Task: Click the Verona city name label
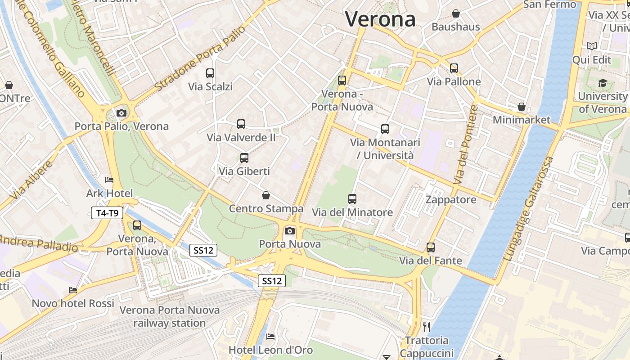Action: click(380, 19)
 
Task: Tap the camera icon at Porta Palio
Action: click(121, 113)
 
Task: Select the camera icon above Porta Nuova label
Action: click(290, 231)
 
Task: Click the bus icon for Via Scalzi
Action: click(210, 73)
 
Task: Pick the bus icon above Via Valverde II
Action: click(241, 124)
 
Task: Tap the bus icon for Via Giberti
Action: click(244, 157)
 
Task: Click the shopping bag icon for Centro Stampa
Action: click(266, 195)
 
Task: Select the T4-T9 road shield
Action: click(107, 213)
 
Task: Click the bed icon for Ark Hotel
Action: click(109, 180)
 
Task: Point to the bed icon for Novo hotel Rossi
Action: click(73, 290)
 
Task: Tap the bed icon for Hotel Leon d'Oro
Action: click(270, 336)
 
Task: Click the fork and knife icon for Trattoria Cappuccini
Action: click(427, 327)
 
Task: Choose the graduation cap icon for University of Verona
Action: click(602, 83)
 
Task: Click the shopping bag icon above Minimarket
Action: click(521, 107)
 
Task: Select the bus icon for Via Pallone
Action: click(454, 68)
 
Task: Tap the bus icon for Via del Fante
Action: click(431, 247)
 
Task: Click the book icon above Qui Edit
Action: click(591, 46)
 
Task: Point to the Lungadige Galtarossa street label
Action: click(529, 209)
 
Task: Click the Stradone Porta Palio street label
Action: click(201, 58)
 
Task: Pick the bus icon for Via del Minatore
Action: click(352, 198)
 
